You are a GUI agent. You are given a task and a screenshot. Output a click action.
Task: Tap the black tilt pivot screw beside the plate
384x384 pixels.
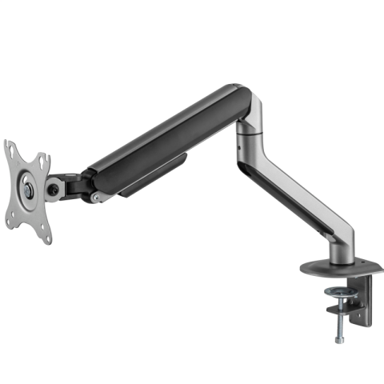coord(54,190)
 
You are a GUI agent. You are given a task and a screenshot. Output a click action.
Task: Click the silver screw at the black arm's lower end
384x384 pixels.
coord(96,197)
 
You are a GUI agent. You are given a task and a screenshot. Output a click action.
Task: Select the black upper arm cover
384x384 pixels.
coord(168,136)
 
